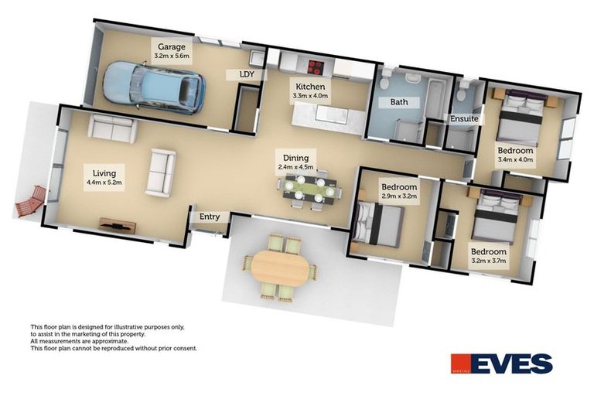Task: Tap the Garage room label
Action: point(172,46)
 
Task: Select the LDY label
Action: point(247,74)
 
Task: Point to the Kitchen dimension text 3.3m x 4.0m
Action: point(311,97)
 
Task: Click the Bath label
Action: point(398,101)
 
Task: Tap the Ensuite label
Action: point(465,118)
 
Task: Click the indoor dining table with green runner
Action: point(309,188)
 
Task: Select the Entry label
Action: point(210,217)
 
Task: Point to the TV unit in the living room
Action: point(118,227)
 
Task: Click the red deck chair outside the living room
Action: point(30,202)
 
